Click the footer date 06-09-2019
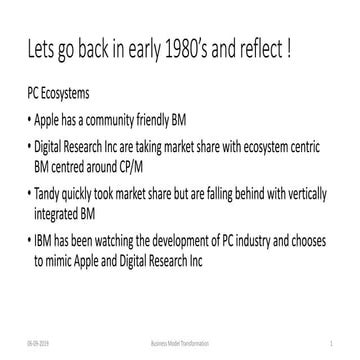click(x=38, y=341)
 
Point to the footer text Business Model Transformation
click(x=179, y=341)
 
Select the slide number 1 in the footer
click(x=329, y=341)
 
